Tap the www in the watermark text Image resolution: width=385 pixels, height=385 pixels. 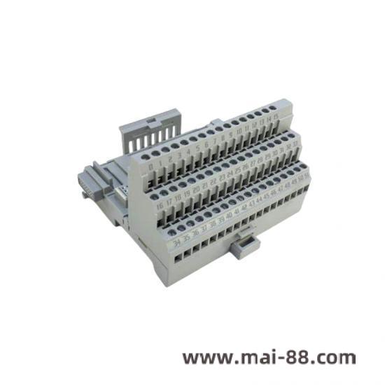(x=202, y=358)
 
